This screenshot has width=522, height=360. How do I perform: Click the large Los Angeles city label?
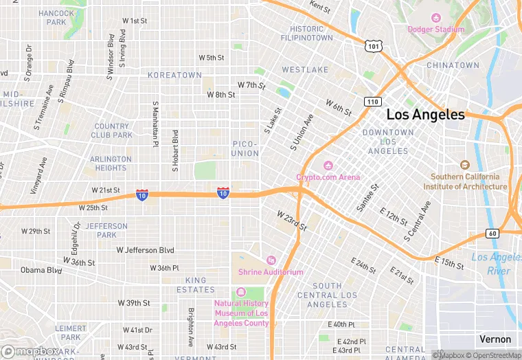[425, 115]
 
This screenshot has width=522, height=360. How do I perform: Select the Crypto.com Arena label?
[328, 177]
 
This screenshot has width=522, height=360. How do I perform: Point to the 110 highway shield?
[372, 102]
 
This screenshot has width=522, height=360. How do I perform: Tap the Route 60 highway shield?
[492, 234]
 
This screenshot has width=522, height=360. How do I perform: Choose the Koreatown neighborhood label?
[174, 75]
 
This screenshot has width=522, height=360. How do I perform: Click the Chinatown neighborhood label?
[453, 65]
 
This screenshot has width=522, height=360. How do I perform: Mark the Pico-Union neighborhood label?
[245, 148]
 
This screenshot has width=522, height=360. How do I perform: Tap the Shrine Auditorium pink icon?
[271, 260]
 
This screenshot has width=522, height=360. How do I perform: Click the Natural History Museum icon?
[240, 292]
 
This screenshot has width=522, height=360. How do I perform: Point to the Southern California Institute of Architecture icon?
[465, 165]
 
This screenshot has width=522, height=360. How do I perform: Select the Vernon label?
[495, 339]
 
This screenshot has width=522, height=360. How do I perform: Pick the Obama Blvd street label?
[41, 270]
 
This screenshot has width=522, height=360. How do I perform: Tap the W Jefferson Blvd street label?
[145, 250]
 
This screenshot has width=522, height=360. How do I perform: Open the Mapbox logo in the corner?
[30, 351]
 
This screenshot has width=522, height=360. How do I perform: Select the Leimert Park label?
[71, 333]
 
